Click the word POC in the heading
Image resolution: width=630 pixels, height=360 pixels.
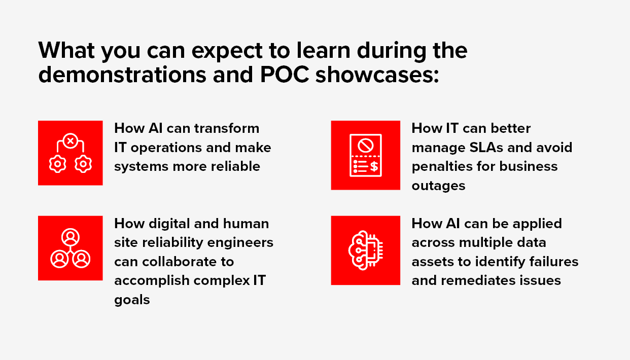coord(285,75)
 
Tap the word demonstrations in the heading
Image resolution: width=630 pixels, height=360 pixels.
coord(122,75)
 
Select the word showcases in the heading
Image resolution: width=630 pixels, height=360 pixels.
coord(377,75)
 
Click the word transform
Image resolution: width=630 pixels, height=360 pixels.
coord(227,128)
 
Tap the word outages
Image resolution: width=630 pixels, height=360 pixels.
coord(438,186)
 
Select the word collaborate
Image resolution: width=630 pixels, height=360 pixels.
coord(188,262)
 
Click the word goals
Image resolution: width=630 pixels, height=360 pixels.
coord(132,300)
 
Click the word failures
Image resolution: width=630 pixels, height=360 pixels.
coord(554,262)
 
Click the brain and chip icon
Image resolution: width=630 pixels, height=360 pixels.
coord(365,250)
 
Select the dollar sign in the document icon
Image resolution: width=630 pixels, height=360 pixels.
coord(374,166)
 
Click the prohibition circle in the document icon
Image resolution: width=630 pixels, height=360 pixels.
coord(366,146)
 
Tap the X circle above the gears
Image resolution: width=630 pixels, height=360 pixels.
coord(71,141)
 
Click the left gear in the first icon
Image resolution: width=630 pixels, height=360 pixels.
coord(58,164)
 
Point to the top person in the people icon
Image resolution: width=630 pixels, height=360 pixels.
coord(71,238)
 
